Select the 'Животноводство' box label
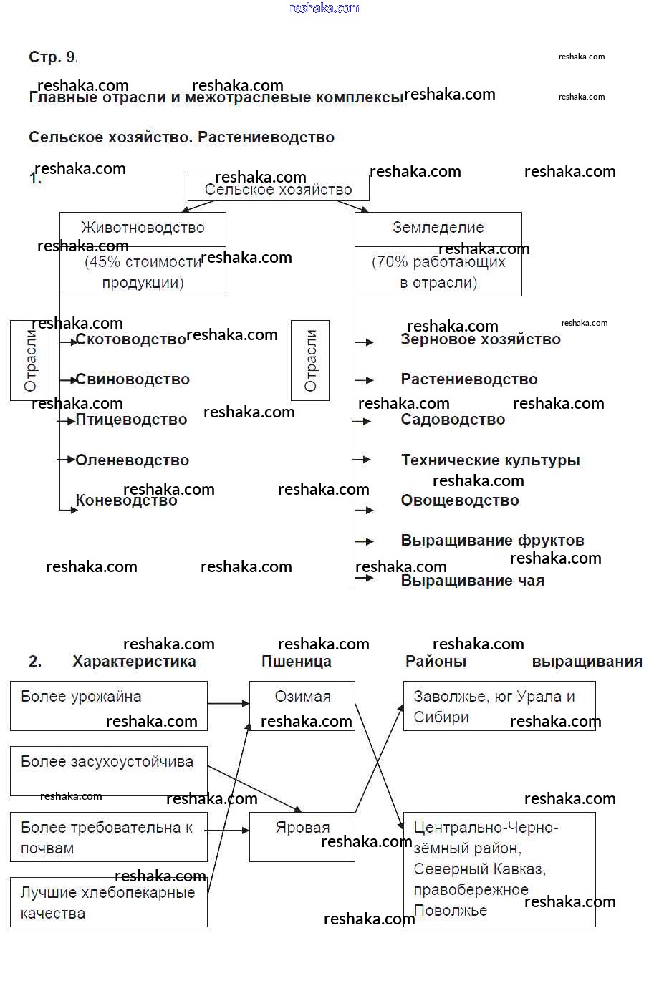143,228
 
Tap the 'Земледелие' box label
438,228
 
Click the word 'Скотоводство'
130,339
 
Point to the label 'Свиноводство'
133,379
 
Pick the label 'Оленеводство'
132,460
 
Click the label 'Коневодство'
126,500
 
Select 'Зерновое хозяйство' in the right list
480,339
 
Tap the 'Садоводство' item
453,420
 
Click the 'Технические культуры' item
490,460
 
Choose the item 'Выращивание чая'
472,581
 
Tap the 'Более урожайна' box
109,705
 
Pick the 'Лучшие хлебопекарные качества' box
109,902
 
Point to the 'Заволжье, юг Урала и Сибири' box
499,706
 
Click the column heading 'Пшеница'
296,662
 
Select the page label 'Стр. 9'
52,57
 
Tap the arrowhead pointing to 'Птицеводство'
71,421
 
